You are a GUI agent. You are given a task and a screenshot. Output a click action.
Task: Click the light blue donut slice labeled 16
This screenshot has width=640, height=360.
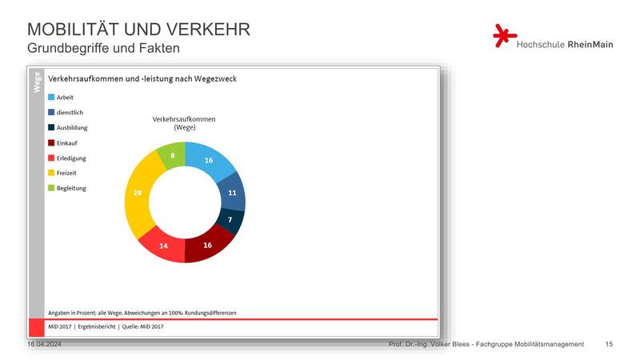[209, 161]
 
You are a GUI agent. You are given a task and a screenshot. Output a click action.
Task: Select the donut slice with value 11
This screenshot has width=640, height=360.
[232, 192]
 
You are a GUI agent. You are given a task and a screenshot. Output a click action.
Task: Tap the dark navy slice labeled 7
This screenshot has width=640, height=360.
[230, 220]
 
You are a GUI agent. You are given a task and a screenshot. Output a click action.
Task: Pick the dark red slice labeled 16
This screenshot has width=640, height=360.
[207, 245]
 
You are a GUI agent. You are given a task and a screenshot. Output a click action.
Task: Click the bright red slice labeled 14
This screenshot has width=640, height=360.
[163, 246]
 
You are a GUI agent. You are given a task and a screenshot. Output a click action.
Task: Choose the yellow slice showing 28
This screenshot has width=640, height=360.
[138, 193]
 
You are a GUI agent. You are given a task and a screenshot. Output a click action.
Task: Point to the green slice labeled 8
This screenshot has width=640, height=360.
[173, 155]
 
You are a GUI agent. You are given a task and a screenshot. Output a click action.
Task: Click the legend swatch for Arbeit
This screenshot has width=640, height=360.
[51, 97]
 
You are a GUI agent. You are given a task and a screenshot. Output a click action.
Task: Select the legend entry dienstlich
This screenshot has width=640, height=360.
[66, 112]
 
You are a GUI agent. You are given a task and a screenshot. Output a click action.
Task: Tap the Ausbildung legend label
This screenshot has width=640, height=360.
[72, 127]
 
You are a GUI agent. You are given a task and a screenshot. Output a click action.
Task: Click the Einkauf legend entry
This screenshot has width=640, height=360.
[62, 143]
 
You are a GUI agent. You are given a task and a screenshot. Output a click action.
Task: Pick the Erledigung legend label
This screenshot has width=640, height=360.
[71, 158]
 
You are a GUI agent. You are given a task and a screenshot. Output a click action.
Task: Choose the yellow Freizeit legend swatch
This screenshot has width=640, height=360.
[51, 173]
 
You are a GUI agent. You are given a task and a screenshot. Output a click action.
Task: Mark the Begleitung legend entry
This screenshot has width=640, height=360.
[67, 188]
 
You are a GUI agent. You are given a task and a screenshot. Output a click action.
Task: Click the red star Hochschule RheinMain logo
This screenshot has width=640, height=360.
[505, 36]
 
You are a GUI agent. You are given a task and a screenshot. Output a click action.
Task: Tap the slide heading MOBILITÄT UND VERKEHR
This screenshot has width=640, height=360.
[138, 30]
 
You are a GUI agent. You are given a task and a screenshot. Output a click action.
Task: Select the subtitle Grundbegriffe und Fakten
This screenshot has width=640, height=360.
[104, 48]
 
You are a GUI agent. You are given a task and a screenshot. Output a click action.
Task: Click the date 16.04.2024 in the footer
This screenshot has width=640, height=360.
[44, 344]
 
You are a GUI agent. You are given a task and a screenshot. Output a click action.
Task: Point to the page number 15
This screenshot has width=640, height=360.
[609, 344]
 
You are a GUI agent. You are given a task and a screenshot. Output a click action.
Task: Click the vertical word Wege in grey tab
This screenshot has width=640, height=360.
[37, 82]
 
